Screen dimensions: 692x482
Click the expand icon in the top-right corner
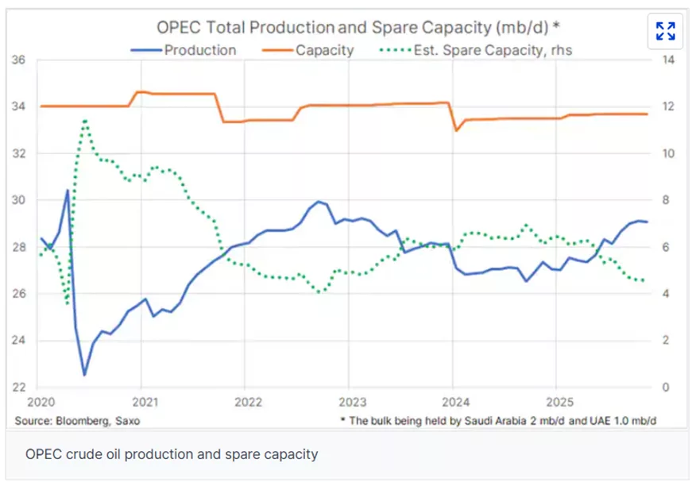pos(665,31)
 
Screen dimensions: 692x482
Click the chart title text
pos(358,27)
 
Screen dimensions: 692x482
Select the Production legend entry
pos(184,50)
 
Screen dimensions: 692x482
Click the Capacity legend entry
pos(307,50)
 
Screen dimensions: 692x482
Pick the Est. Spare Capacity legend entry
pos(476,50)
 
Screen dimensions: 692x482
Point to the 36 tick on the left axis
pos(18,60)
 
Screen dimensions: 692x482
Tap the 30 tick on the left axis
pos(18,200)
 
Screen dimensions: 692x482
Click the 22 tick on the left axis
pos(18,388)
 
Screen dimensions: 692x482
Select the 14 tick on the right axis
pos(668,60)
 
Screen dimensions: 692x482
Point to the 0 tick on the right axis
pos(666,388)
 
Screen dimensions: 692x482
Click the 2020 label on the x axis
pos(41,402)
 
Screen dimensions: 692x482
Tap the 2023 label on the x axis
pos(352,402)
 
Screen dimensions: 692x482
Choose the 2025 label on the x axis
pos(559,402)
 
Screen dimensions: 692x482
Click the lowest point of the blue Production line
pos(85,376)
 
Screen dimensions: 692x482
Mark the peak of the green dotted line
pos(85,120)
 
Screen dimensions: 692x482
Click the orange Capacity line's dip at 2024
pos(456,130)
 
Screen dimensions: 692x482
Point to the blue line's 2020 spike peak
pos(68,190)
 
